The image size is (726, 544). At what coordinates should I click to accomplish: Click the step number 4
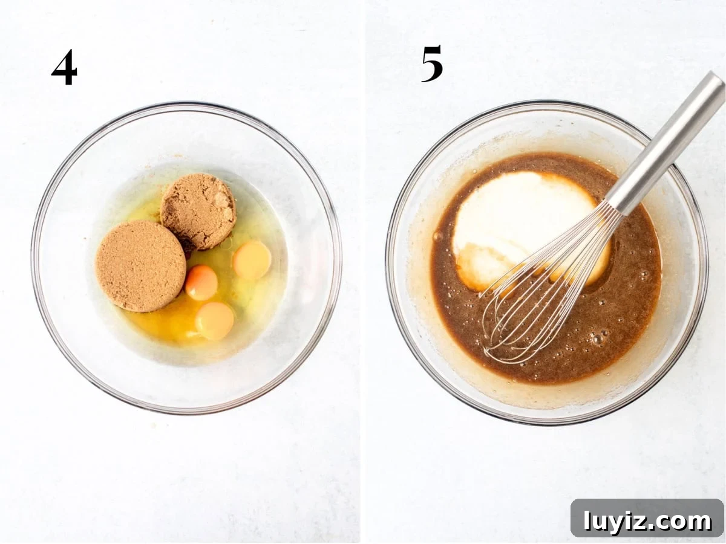tap(64, 69)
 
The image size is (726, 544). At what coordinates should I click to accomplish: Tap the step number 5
tap(432, 64)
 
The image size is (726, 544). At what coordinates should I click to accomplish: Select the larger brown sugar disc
tap(140, 266)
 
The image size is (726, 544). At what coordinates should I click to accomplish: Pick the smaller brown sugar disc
tap(198, 211)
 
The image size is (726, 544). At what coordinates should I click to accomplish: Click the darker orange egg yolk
tap(201, 282)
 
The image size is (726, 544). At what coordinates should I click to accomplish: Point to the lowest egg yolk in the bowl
tap(215, 321)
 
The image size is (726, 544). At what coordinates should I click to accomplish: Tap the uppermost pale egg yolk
tap(252, 261)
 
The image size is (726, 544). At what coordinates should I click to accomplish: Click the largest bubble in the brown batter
tap(597, 340)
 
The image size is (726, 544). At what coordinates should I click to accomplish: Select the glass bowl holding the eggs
tap(186, 258)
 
